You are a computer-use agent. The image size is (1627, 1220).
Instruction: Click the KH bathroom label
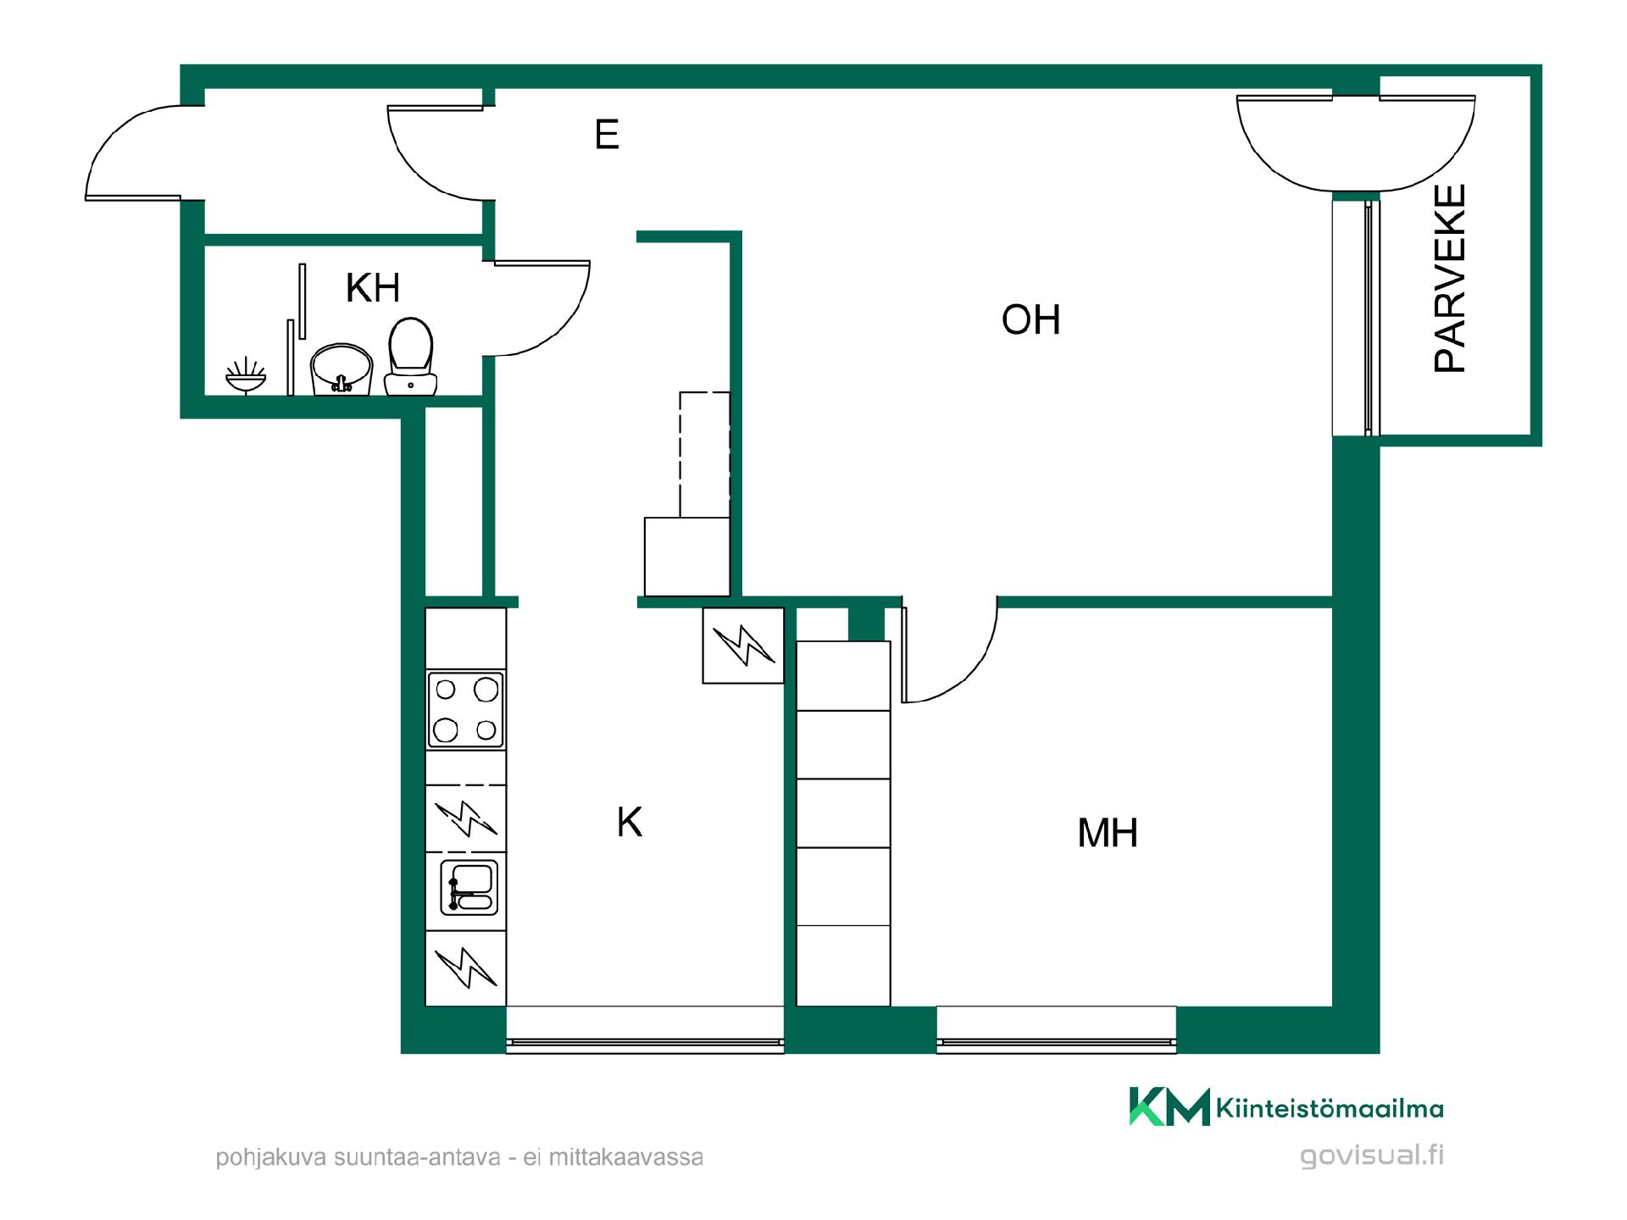coord(373,288)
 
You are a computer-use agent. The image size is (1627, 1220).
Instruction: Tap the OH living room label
coord(1030,320)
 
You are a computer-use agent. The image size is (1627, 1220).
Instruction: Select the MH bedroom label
coord(1108,833)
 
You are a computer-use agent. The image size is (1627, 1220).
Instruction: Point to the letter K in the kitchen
coord(630,822)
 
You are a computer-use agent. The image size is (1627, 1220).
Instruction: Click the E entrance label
coord(607,134)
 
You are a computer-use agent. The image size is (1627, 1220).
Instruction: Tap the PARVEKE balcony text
coord(1450,279)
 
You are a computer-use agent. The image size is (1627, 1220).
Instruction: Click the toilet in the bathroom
coord(411,357)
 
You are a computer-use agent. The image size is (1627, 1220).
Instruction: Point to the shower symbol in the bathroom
coord(246,376)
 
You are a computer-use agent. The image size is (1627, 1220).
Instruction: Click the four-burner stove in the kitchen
coord(465,710)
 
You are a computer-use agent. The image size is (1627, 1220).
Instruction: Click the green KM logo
coord(1169,1106)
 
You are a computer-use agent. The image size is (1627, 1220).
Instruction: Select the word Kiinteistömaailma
coord(1330,1108)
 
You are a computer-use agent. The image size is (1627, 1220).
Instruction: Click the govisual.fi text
coord(1372,1156)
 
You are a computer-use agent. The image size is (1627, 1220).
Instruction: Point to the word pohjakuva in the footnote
coord(272,1157)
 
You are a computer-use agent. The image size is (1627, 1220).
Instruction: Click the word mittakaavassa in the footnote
coord(626,1157)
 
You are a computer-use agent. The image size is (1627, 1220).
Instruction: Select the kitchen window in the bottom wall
coord(645,1030)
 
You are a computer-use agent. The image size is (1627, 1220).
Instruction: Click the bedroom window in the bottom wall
coord(1056,1030)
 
